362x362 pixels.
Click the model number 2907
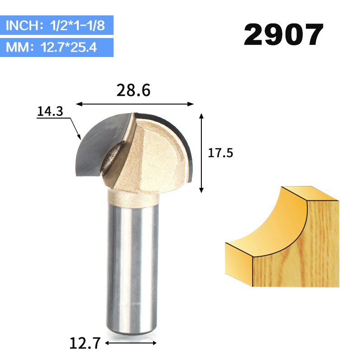pos(284,35)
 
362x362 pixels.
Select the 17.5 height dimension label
pos(220,153)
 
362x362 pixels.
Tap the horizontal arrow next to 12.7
pos(131,343)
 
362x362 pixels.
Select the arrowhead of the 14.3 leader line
pos(79,137)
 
